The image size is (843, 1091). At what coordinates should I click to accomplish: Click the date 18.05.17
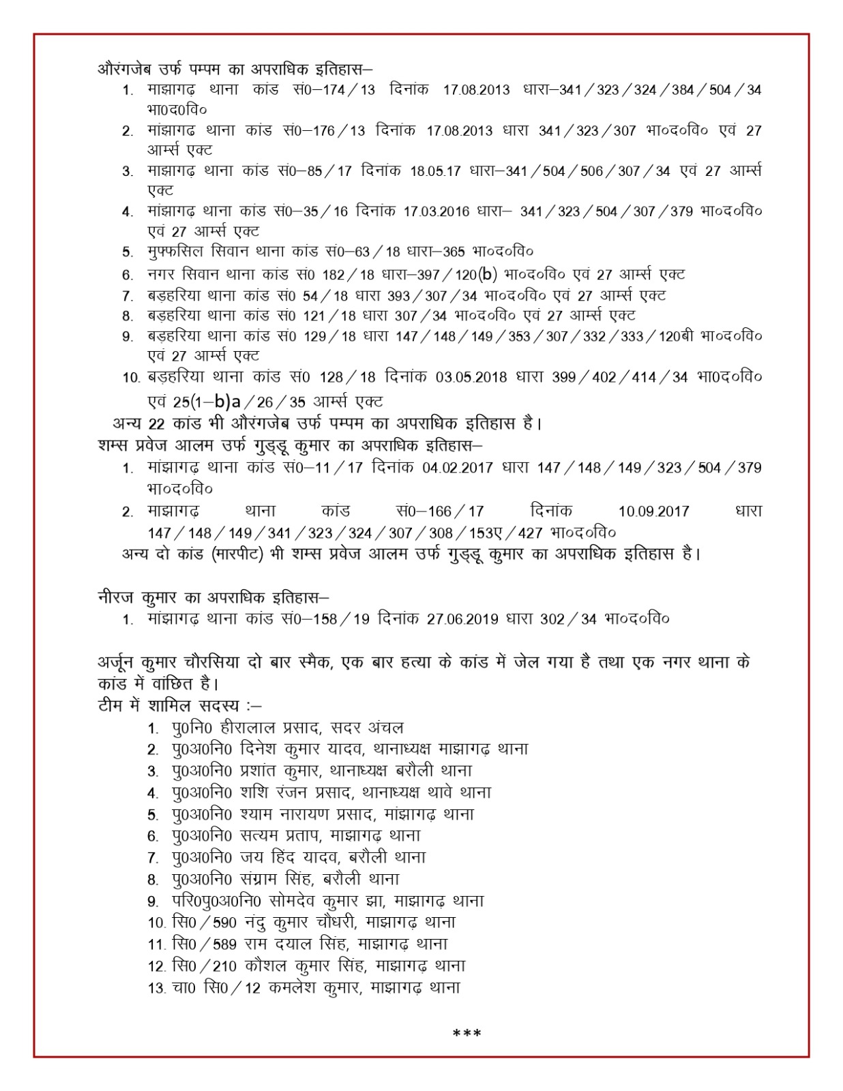pyautogui.click(x=435, y=170)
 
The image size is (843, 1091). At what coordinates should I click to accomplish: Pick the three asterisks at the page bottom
pyautogui.click(x=467, y=1034)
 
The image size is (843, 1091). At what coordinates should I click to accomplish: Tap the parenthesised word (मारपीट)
pyautogui.click(x=235, y=554)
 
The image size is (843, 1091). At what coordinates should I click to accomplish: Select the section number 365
pyautogui.click(x=454, y=252)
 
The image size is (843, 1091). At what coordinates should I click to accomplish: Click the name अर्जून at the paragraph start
pyautogui.click(x=115, y=662)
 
